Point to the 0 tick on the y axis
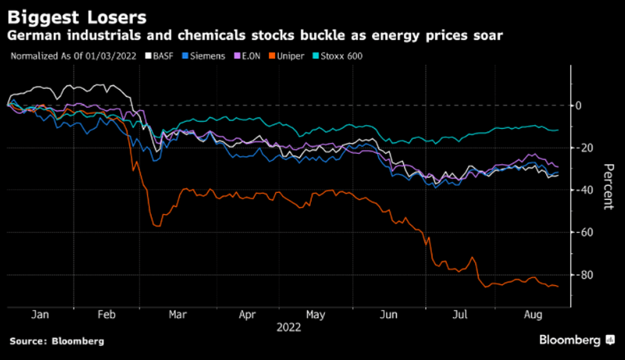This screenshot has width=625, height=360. click(579, 105)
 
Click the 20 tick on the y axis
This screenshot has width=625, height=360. click(582, 148)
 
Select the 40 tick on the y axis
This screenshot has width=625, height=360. click(582, 190)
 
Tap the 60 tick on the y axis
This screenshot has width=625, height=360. click(582, 233)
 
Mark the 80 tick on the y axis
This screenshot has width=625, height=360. click(582, 275)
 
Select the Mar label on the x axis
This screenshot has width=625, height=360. click(178, 315)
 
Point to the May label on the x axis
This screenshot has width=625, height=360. click(316, 315)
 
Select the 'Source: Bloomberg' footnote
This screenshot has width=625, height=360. click(56, 341)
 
